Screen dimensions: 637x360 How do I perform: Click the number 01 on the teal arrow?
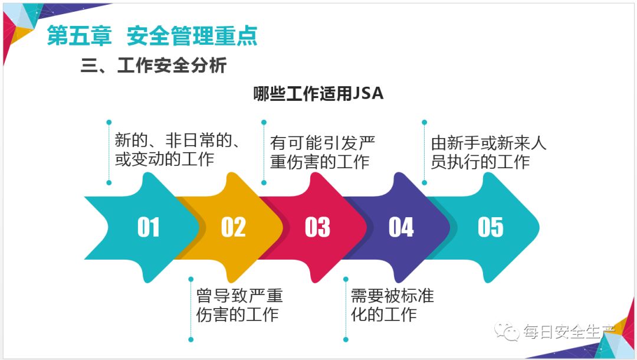tap(149, 227)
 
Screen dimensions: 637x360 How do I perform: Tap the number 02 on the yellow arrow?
tap(233, 227)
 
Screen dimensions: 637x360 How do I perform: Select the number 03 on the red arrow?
tap(317, 227)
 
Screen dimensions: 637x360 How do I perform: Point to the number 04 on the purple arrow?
tap(401, 227)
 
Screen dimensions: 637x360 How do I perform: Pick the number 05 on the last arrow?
tap(491, 227)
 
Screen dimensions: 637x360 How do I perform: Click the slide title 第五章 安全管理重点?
tap(152, 36)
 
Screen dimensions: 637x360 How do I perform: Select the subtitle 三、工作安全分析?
tap(153, 66)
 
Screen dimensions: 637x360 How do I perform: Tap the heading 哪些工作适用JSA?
tap(318, 94)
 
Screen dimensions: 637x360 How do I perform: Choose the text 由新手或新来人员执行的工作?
tap(488, 152)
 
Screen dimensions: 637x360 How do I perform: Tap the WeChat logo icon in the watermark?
tap(507, 332)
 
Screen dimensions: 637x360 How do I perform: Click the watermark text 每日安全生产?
tap(569, 332)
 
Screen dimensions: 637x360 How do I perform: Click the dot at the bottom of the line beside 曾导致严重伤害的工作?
tap(191, 339)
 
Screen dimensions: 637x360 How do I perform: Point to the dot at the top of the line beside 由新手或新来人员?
tap(423, 122)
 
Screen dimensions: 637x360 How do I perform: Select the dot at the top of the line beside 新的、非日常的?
tap(109, 122)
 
